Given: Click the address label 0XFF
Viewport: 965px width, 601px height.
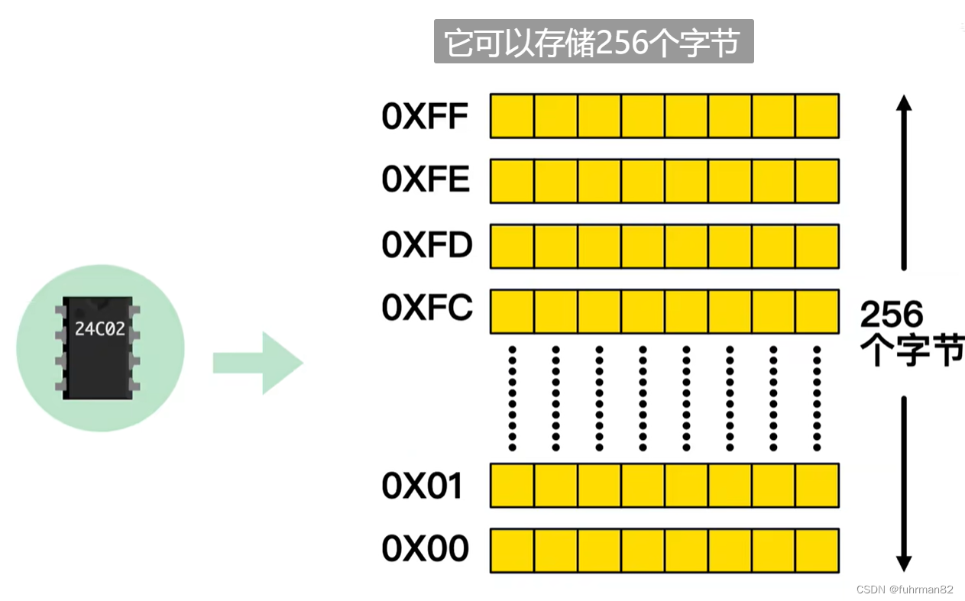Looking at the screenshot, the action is point(425,116).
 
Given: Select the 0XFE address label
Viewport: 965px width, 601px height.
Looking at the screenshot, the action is point(426,179).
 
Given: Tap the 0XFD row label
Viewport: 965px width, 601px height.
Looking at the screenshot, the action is point(427,244).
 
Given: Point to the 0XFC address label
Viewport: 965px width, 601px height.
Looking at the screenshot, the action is point(427,308).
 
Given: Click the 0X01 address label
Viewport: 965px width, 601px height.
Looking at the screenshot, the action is point(422,486).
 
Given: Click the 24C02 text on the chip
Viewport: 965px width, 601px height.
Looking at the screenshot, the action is point(100,329).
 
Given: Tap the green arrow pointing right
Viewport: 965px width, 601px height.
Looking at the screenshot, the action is point(258,363).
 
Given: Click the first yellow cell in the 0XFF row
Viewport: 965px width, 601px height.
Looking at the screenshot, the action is point(512,116).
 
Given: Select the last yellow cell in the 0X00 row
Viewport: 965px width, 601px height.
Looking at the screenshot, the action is point(818,551).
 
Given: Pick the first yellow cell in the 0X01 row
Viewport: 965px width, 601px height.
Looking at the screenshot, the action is point(512,486).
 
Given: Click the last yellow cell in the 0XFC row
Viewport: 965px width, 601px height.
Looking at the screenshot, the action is point(818,312).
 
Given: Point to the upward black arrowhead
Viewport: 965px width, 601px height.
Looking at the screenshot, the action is point(904,102).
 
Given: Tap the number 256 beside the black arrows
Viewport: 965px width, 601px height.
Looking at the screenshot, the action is point(892,314).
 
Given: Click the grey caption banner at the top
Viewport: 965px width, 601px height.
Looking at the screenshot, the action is point(594,41).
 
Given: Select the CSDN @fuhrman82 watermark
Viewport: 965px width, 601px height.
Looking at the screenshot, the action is point(905,590).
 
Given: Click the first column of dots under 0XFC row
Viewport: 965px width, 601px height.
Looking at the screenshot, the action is point(512,398).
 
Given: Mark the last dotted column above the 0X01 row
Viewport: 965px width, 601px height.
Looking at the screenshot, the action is point(817,398).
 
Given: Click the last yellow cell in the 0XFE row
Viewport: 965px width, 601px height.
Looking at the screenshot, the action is point(818,181).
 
